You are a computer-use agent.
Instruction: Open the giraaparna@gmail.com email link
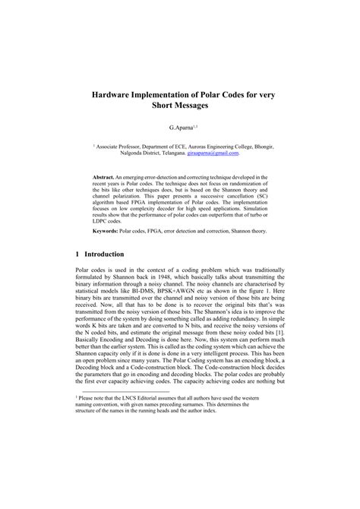click(207, 153)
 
